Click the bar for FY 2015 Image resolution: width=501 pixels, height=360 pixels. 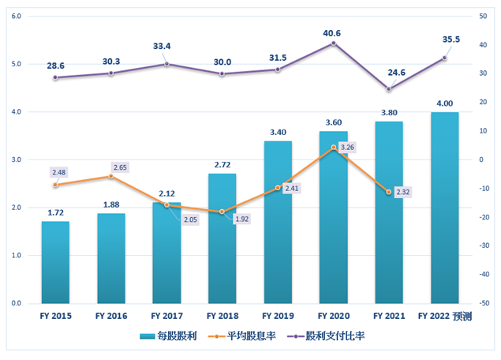[55, 262]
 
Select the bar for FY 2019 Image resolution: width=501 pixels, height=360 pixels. [277, 222]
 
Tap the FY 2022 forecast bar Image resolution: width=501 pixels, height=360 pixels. [444, 208]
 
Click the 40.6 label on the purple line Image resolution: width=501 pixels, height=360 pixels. [332, 33]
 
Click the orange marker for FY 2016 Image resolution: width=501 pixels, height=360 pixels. [110, 176]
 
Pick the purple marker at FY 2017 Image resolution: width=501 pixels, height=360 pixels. [166, 64]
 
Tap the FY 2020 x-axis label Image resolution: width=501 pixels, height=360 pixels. [332, 315]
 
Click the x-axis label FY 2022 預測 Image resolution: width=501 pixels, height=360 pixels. [446, 315]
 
